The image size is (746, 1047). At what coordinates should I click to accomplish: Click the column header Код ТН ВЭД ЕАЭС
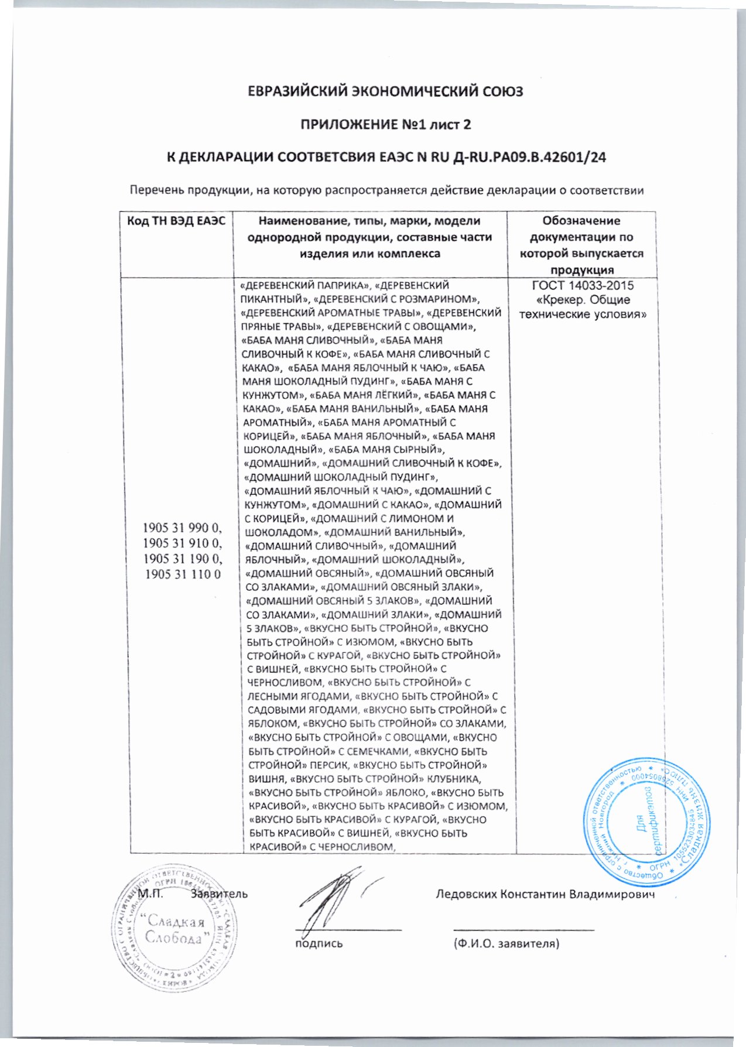click(177, 221)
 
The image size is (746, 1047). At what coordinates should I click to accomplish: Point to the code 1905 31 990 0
click(183, 532)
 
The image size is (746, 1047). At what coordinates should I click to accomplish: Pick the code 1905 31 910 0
click(183, 546)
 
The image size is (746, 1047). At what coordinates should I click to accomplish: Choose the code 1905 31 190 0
click(183, 560)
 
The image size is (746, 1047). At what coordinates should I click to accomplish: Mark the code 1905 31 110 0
click(183, 574)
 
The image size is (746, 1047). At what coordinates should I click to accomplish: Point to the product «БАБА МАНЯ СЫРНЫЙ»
click(385, 450)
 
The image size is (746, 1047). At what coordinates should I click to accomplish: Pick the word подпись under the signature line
click(319, 943)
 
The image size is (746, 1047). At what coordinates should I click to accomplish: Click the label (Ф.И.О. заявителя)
click(507, 943)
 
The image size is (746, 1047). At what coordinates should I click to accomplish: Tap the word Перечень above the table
click(155, 190)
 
